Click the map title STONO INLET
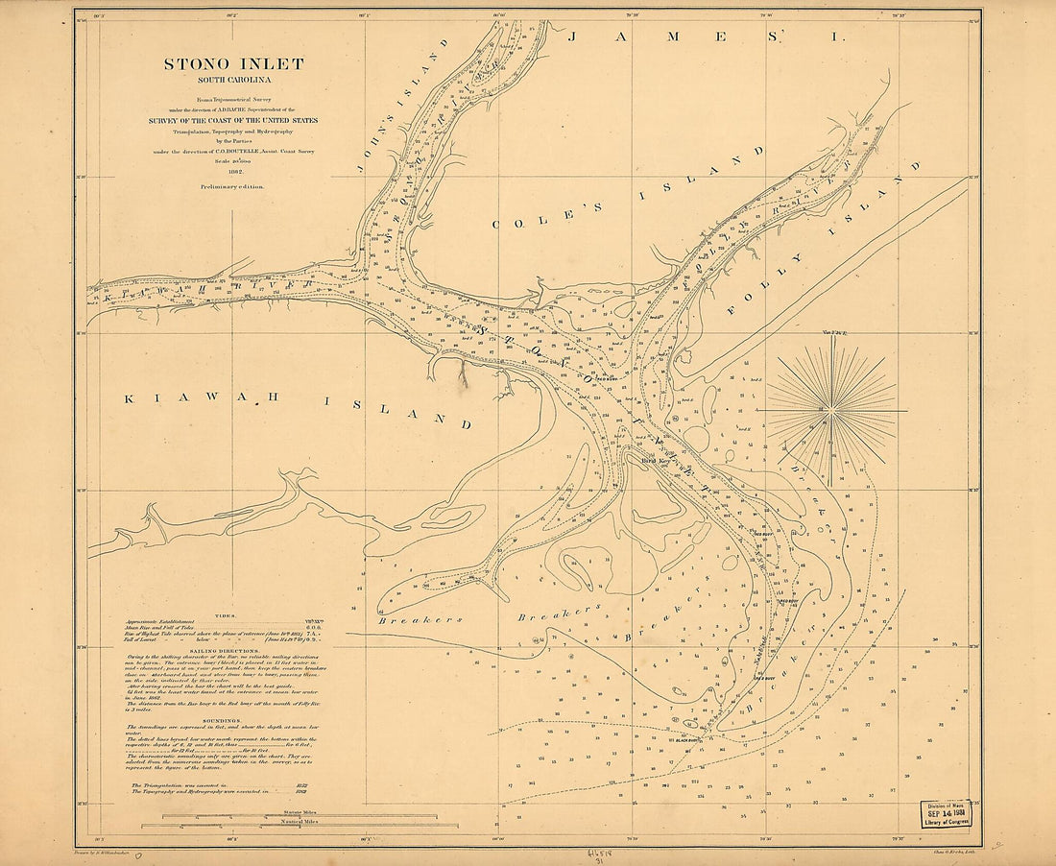tap(233, 64)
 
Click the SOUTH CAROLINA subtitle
tap(232, 81)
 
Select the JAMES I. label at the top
tap(706, 36)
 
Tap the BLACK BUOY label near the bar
tap(685, 740)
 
